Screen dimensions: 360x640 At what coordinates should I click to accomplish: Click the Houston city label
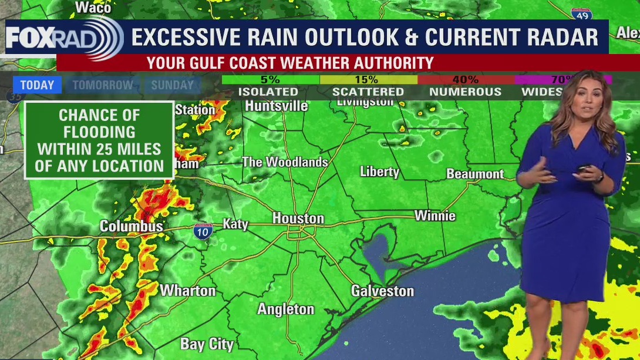[298, 218]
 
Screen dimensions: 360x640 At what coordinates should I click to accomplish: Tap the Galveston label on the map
[382, 291]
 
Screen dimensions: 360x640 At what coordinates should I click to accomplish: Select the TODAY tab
[37, 85]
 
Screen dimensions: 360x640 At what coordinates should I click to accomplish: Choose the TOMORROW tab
[103, 85]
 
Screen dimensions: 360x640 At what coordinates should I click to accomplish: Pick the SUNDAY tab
[172, 85]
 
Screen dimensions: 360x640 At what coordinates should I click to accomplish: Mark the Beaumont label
[475, 174]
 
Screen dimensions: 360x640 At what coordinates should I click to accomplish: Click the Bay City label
[207, 344]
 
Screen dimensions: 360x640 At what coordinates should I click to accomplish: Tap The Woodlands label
[284, 162]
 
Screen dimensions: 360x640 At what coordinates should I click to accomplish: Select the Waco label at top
[93, 7]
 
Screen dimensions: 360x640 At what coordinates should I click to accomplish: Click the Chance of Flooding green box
[99, 140]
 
